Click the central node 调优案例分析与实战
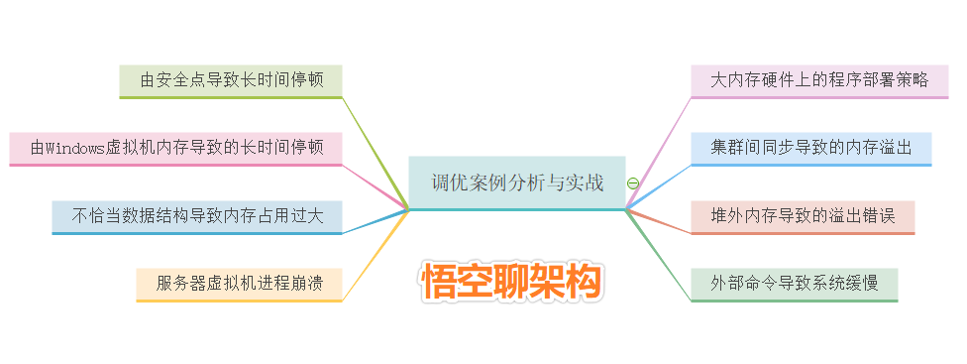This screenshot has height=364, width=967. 516,182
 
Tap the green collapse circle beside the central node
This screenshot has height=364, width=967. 633,183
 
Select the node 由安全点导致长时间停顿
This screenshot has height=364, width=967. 230,79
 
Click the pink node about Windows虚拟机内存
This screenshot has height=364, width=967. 176,148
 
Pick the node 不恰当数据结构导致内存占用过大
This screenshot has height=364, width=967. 197,215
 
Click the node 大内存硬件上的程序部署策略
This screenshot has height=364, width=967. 819,79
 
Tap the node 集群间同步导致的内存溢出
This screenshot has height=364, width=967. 811,147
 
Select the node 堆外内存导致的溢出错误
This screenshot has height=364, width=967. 803,215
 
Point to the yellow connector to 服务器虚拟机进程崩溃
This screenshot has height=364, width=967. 376,254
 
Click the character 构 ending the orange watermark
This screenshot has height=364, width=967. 583,283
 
